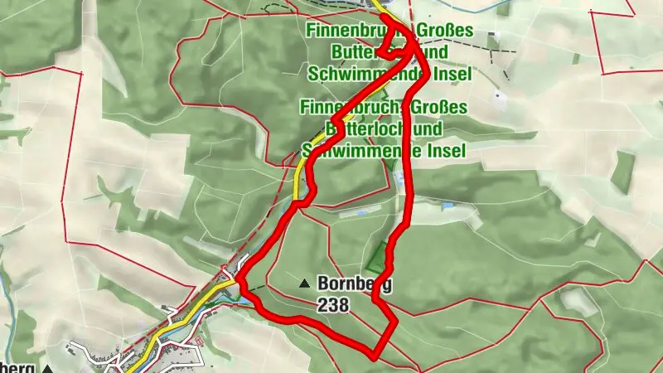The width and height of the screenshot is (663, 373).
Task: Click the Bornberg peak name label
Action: pyautogui.click(x=354, y=283)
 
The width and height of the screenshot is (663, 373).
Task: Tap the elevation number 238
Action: pyautogui.click(x=333, y=305)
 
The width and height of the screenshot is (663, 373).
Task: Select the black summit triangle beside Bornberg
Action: pyautogui.click(x=305, y=283)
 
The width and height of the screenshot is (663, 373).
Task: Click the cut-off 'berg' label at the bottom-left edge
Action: pyautogui.click(x=17, y=367)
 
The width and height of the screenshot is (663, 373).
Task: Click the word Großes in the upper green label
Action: pyautogui.click(x=446, y=31)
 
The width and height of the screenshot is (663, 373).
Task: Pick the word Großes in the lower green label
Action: pyautogui.click(x=441, y=108)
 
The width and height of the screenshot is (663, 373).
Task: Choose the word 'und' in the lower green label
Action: pyautogui.click(x=426, y=129)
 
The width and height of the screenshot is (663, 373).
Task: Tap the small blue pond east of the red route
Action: pyautogui.click(x=448, y=206)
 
